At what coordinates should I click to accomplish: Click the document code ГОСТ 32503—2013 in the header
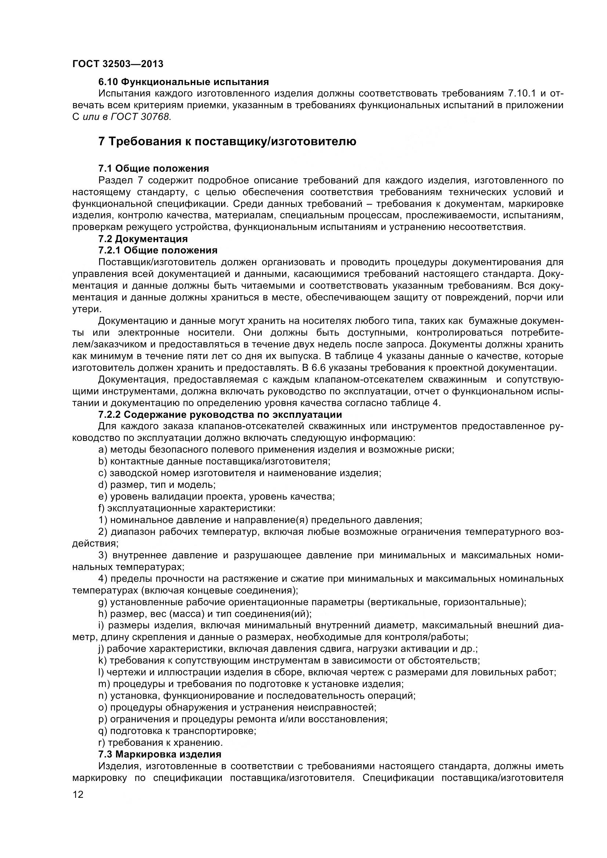(118, 64)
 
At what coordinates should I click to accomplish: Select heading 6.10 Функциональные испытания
(183, 81)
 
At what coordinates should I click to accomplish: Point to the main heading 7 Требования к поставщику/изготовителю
(227, 142)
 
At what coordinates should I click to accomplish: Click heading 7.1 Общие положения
(153, 168)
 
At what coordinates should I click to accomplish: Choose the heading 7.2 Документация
(143, 238)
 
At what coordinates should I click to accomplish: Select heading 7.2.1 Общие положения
(158, 250)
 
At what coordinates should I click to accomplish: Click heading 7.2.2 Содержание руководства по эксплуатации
(220, 415)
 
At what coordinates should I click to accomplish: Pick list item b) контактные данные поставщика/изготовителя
(214, 461)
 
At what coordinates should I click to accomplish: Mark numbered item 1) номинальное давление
(260, 520)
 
